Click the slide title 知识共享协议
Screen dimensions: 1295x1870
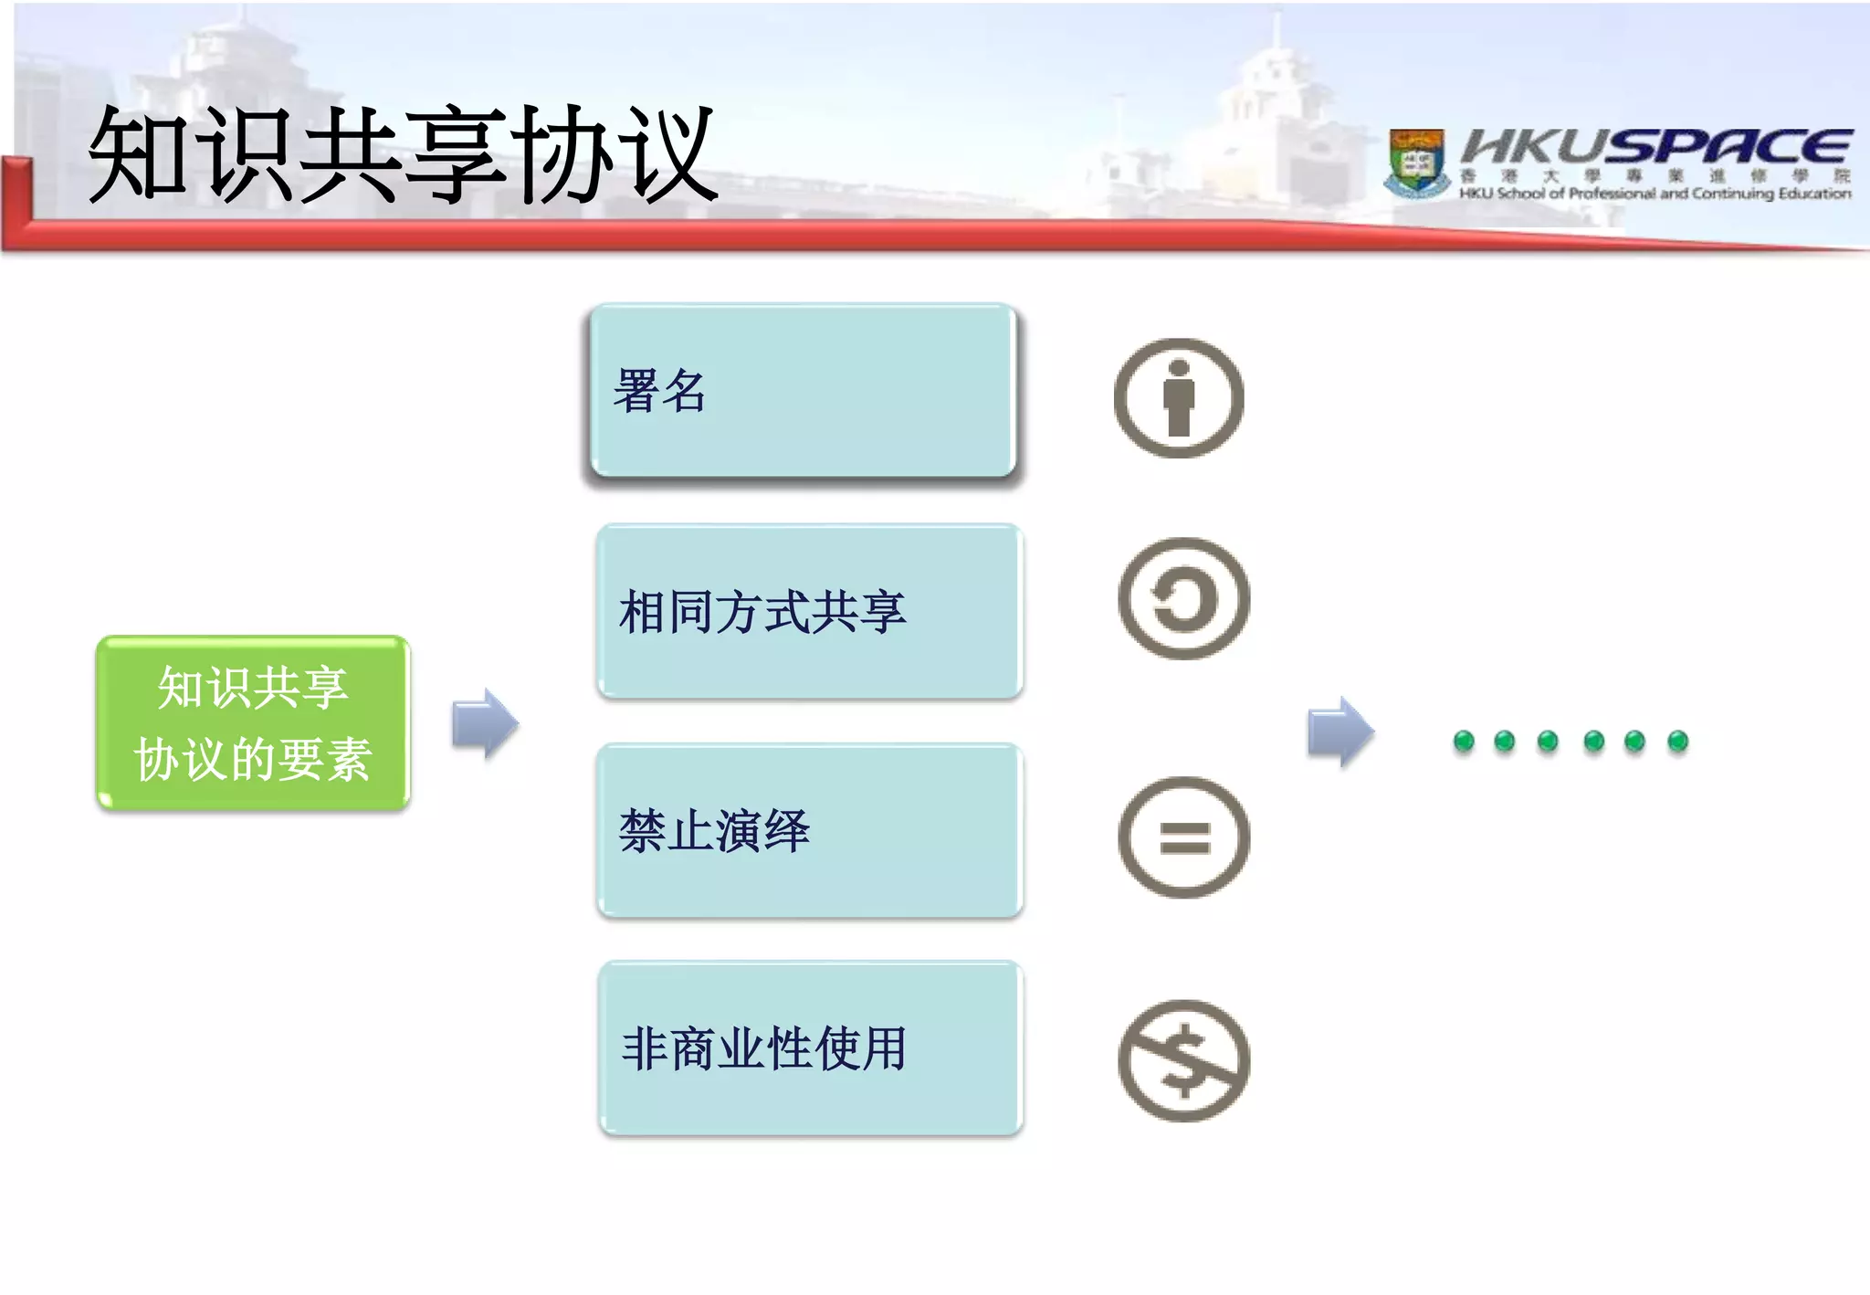pyautogui.click(x=402, y=153)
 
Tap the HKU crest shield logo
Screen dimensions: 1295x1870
pyautogui.click(x=1416, y=163)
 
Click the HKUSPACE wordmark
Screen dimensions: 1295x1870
pyautogui.click(x=1655, y=146)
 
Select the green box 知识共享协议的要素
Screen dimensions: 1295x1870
pyautogui.click(x=253, y=722)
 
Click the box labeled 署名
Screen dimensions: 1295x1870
pyautogui.click(x=802, y=391)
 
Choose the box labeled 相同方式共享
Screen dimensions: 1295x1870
pyautogui.click(x=809, y=611)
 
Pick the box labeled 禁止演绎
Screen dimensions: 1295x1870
pyautogui.click(x=809, y=830)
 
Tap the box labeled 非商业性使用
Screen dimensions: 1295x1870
pyautogui.click(x=810, y=1048)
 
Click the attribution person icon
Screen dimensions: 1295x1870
pyautogui.click(x=1179, y=398)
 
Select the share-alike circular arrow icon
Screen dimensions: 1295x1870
pyautogui.click(x=1183, y=598)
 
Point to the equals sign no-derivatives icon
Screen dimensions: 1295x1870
pyautogui.click(x=1183, y=837)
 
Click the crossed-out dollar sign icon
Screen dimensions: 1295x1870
pyautogui.click(x=1183, y=1060)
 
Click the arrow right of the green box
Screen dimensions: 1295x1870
pyautogui.click(x=485, y=723)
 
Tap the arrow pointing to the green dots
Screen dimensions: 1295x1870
pyautogui.click(x=1339, y=732)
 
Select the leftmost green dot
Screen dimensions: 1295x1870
pyautogui.click(x=1464, y=741)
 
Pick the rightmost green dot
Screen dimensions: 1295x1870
pyautogui.click(x=1677, y=741)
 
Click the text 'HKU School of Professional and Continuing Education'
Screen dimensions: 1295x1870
pyautogui.click(x=1654, y=194)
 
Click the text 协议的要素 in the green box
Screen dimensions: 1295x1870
pyautogui.click(x=253, y=759)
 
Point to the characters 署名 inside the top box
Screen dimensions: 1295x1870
pyautogui.click(x=659, y=391)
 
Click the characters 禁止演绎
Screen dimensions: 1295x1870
pyautogui.click(x=714, y=831)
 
